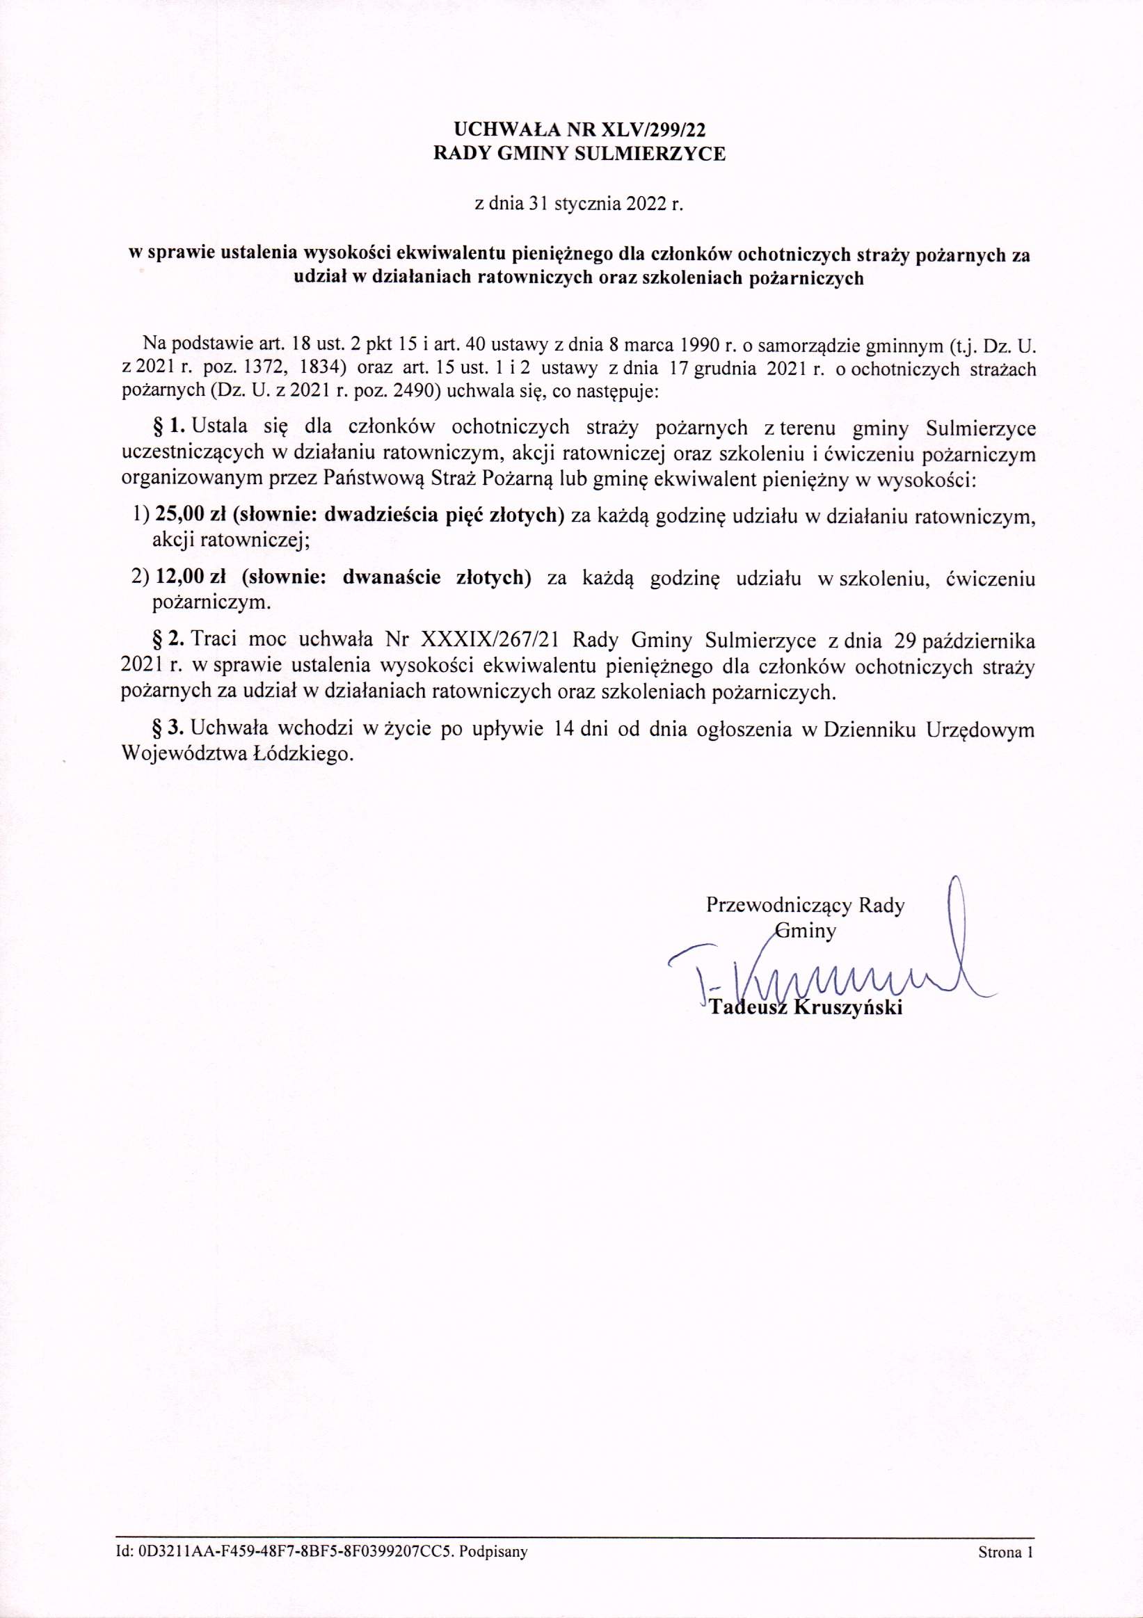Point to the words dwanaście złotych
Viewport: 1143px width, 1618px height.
(x=435, y=578)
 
